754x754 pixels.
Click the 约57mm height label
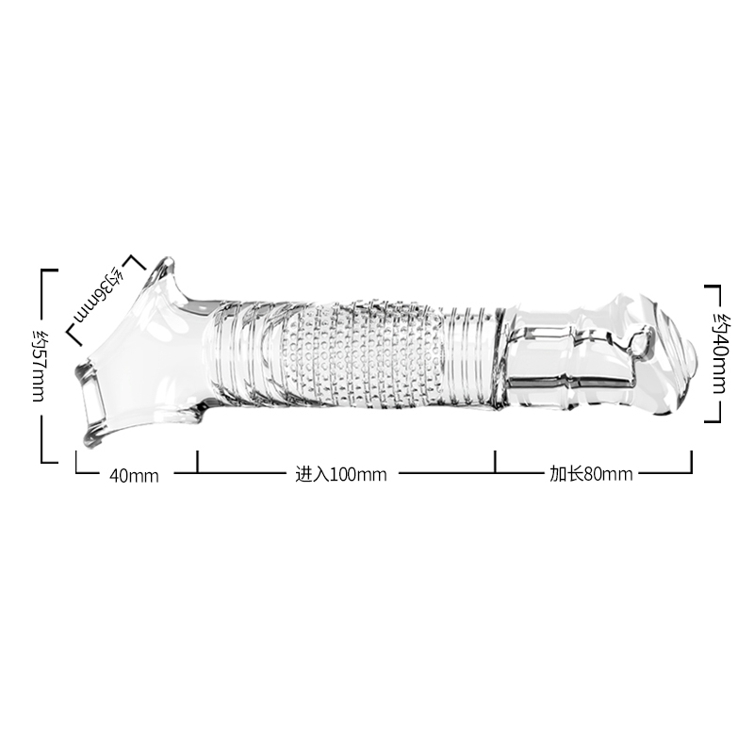pos(38,367)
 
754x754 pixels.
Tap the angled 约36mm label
pos(99,294)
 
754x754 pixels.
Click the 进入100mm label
pos(341,475)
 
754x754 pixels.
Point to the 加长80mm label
pos(591,474)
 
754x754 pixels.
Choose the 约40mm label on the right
pos(720,353)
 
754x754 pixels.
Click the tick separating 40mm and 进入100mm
pos(197,462)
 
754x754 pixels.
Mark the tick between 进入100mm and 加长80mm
pos(496,462)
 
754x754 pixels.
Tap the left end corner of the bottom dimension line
pos(76,473)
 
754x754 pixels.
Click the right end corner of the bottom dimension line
pos(692,473)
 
